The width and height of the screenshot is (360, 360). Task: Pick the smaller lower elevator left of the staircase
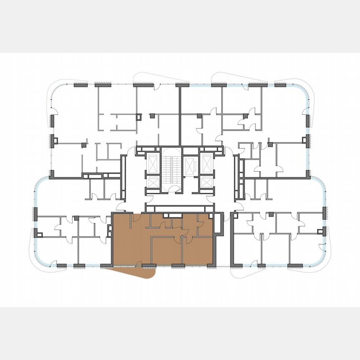(153, 182)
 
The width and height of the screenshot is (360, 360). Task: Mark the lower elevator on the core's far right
(206, 181)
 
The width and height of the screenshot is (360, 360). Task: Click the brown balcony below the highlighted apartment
(137, 272)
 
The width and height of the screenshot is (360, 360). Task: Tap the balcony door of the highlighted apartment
(138, 263)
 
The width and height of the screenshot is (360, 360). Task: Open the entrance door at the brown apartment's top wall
(135, 217)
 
